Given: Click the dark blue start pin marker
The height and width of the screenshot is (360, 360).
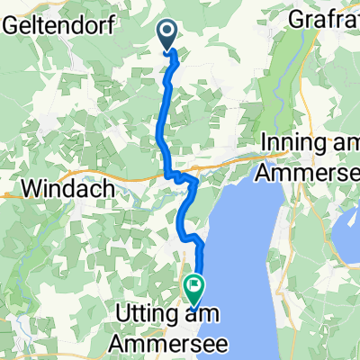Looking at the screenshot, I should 168,35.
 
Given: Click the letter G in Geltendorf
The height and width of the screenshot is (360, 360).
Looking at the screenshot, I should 11,27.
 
